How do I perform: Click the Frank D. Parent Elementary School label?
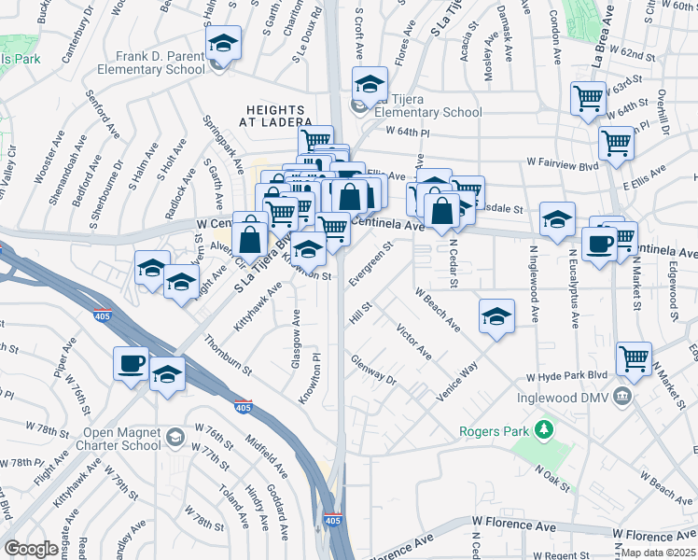(x=161, y=63)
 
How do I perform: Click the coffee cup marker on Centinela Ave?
(x=598, y=245)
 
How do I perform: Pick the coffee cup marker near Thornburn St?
(x=131, y=362)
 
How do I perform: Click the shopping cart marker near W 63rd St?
(x=588, y=97)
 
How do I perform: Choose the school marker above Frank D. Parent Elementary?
(x=223, y=44)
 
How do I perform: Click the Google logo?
(x=31, y=549)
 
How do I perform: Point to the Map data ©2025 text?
(x=658, y=552)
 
